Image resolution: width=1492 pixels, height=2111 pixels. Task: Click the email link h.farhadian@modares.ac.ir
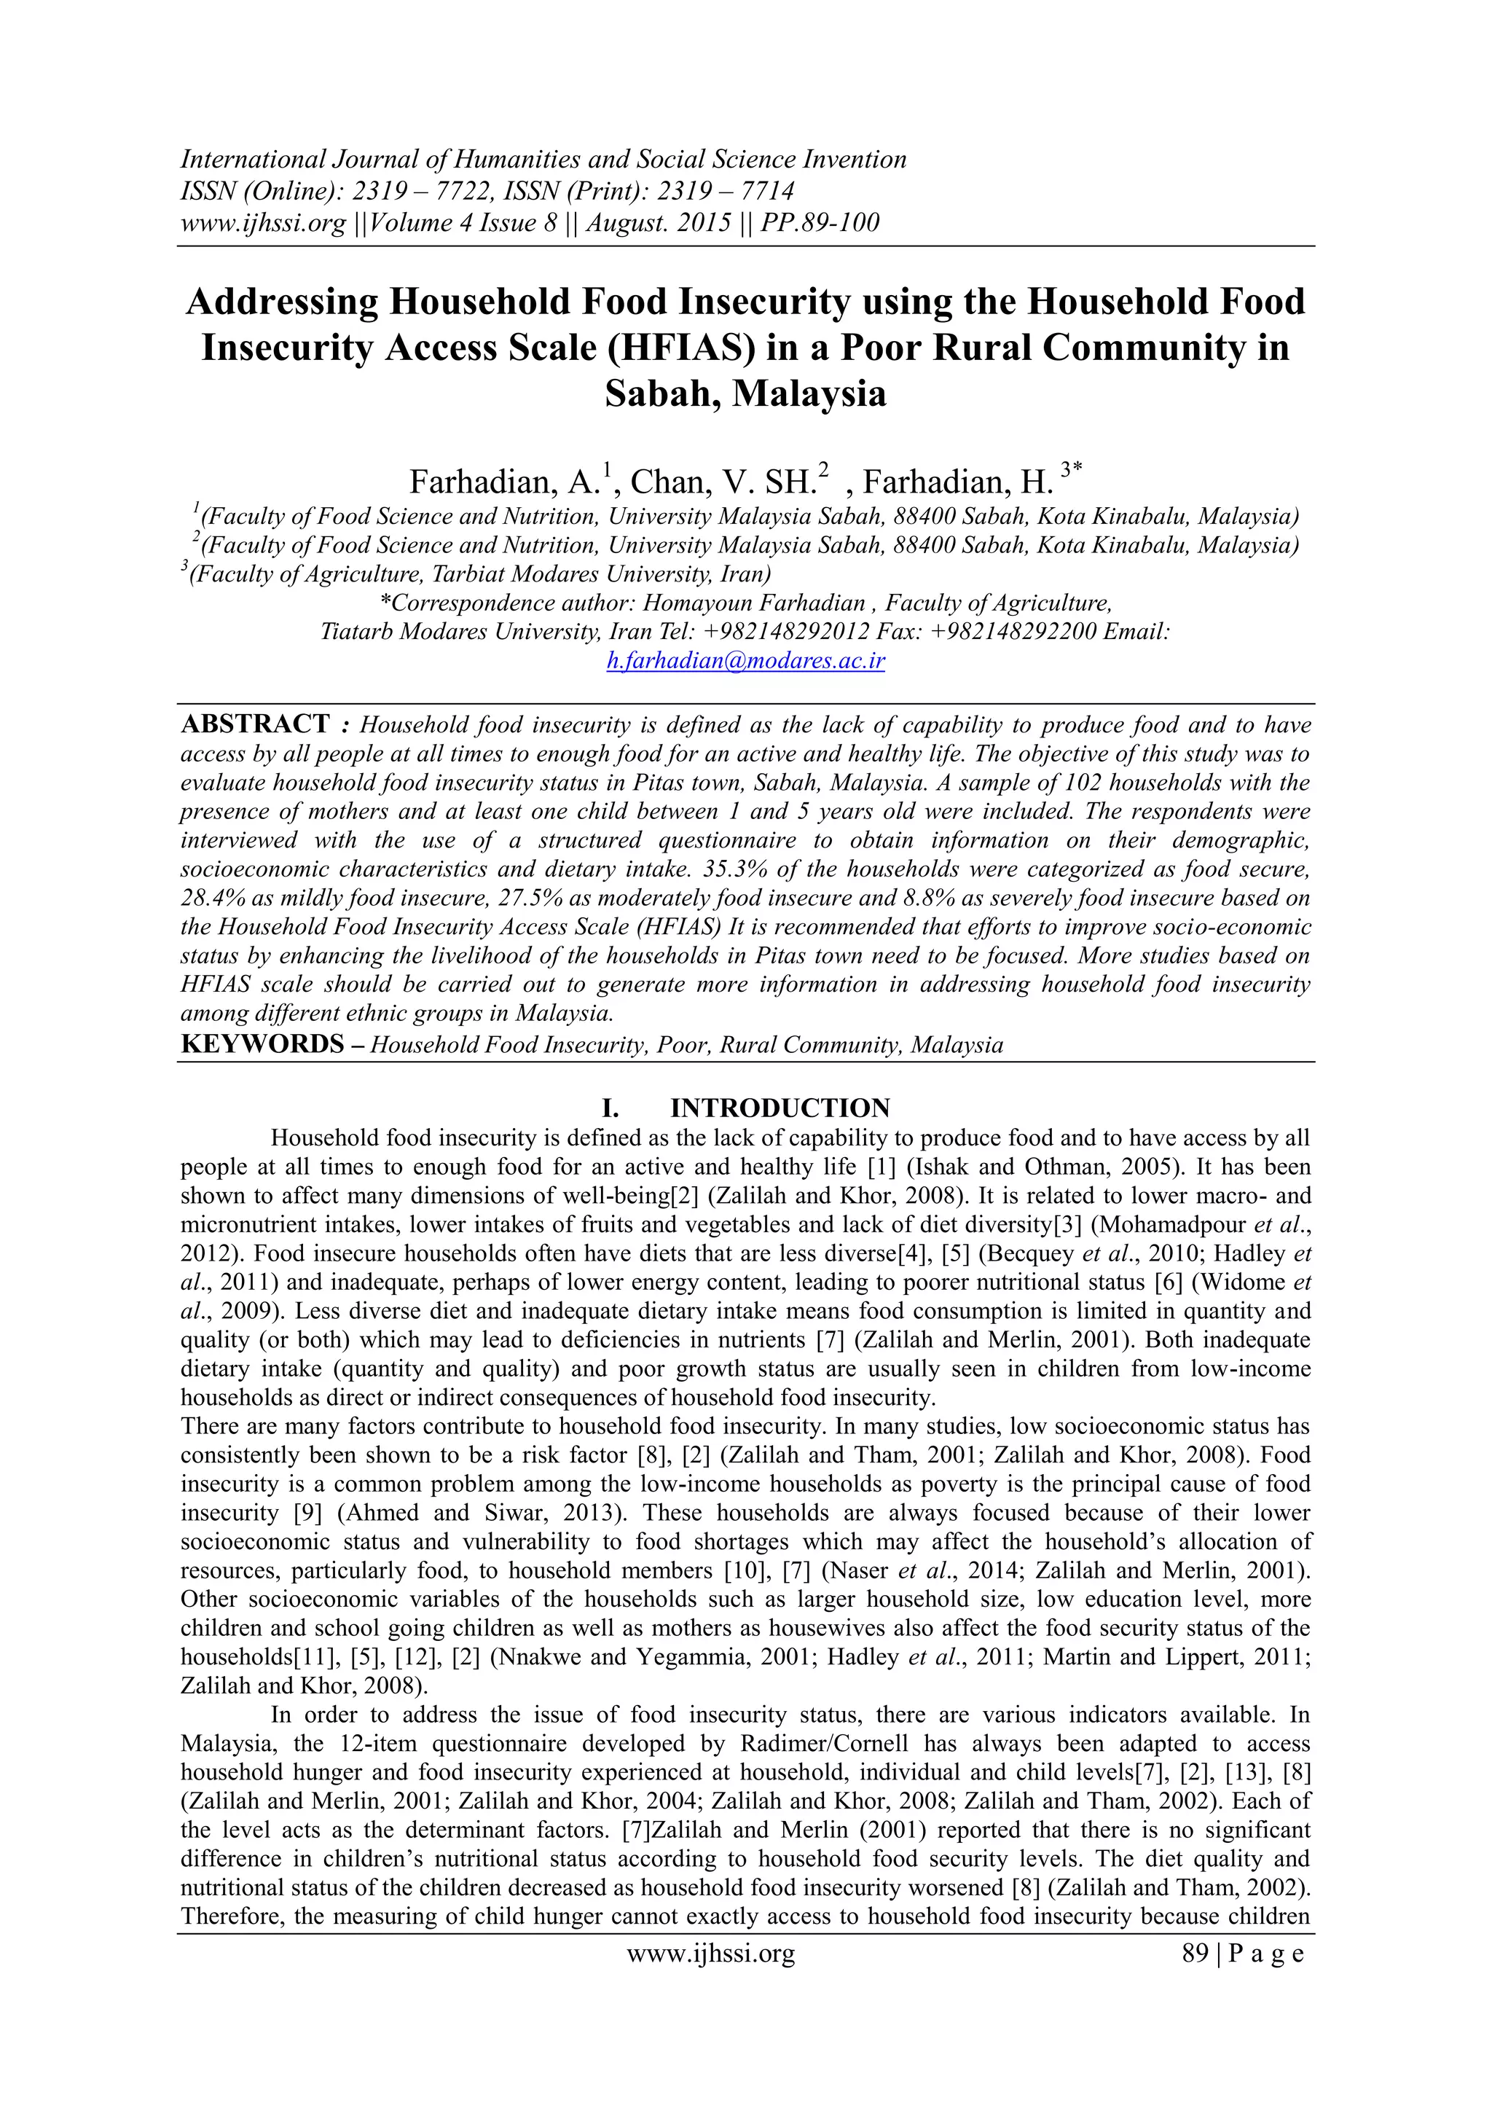(x=745, y=661)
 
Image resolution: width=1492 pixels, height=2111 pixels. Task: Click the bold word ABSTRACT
(x=255, y=724)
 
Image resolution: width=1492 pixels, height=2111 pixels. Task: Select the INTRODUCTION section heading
(x=780, y=1107)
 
